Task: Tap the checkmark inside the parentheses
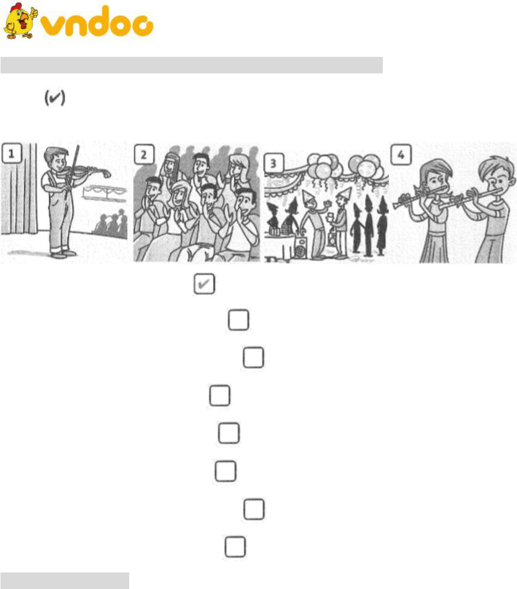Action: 55,98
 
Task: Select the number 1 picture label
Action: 11,153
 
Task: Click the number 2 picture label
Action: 144,155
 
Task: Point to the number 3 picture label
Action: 273,163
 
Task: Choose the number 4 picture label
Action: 401,155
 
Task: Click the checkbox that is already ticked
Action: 204,284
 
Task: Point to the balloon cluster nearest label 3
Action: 323,165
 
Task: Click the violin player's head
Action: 56,158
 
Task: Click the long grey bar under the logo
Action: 191,65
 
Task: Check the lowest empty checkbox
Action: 235,546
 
